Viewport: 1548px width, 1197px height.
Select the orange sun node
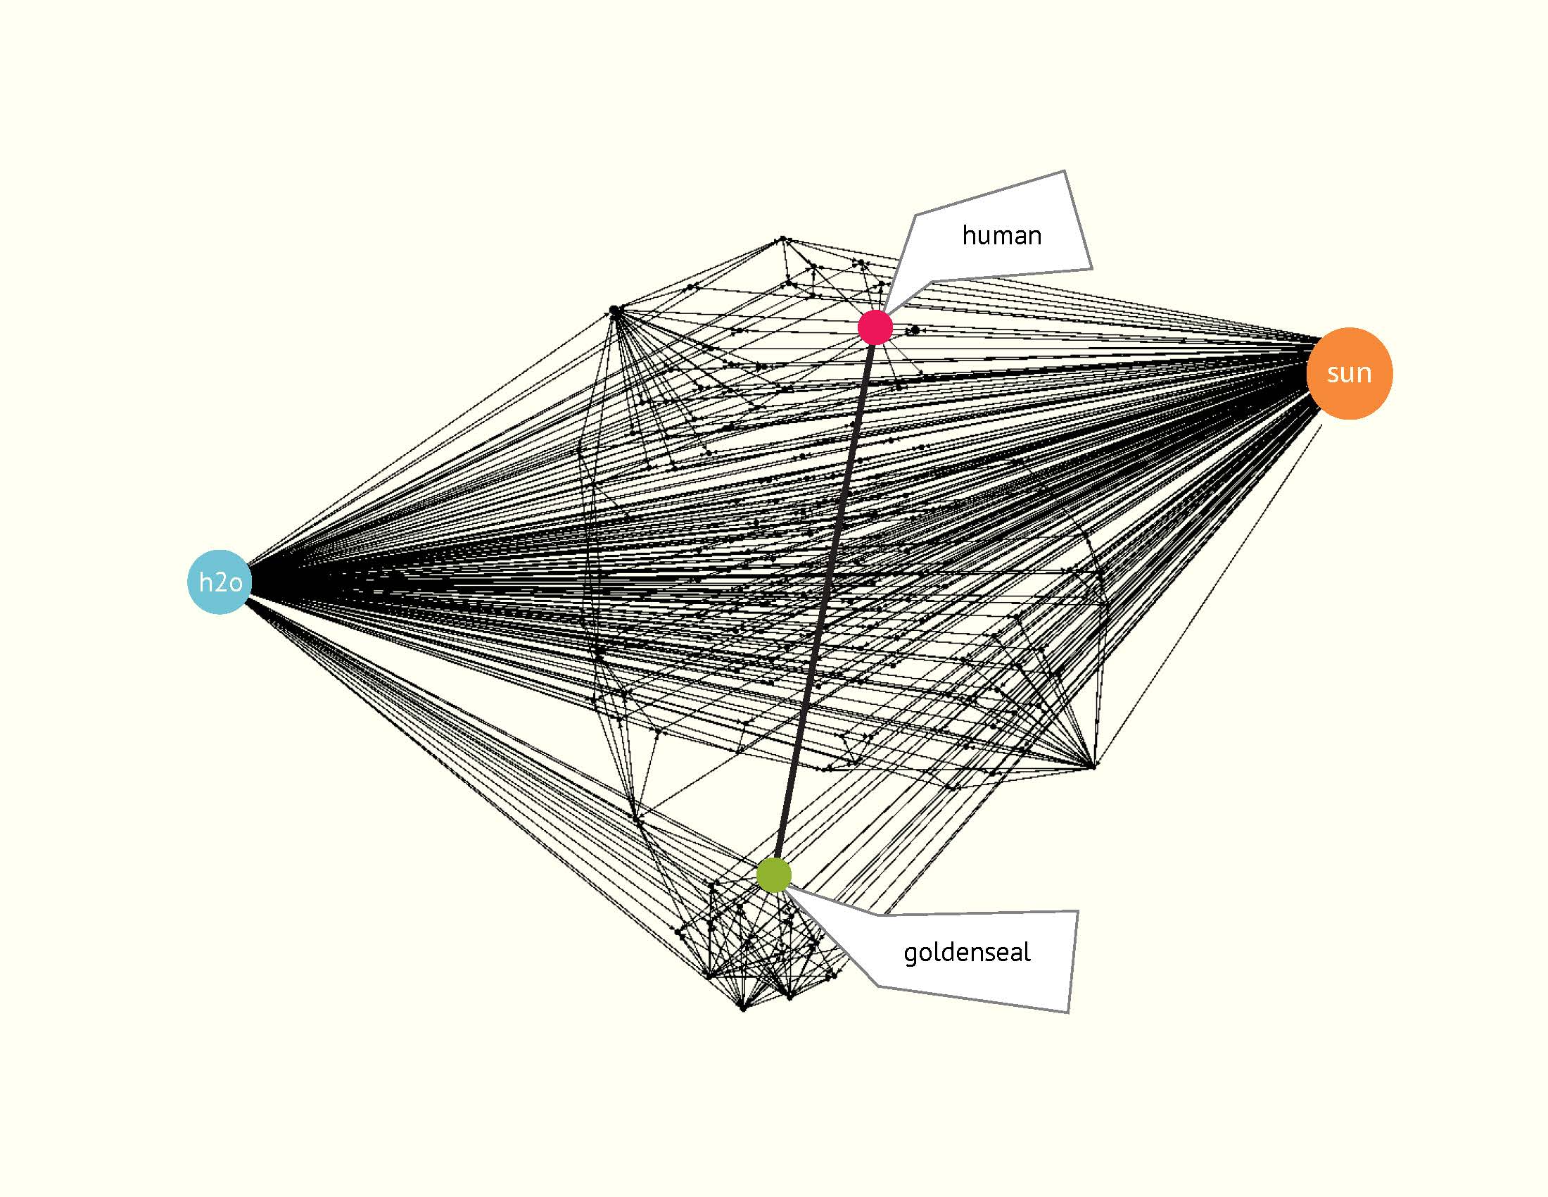1350,373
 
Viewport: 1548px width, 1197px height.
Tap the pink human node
875,327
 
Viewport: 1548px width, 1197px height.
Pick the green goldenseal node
773,875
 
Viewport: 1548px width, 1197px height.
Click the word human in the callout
1001,235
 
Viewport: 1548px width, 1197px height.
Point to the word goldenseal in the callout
967,953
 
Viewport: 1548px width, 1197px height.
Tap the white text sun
1350,373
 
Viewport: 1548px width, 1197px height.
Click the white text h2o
220,582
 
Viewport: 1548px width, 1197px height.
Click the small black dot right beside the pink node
915,330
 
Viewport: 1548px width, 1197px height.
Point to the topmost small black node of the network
782,238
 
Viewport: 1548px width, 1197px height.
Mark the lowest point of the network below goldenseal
743,1008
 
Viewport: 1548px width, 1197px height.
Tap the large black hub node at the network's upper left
614,310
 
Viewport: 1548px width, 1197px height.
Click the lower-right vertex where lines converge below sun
1093,767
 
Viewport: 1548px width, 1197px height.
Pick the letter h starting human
968,235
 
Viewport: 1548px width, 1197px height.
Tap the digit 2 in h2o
220,583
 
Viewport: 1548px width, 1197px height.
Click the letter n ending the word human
1035,237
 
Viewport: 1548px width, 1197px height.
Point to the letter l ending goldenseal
1027,951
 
